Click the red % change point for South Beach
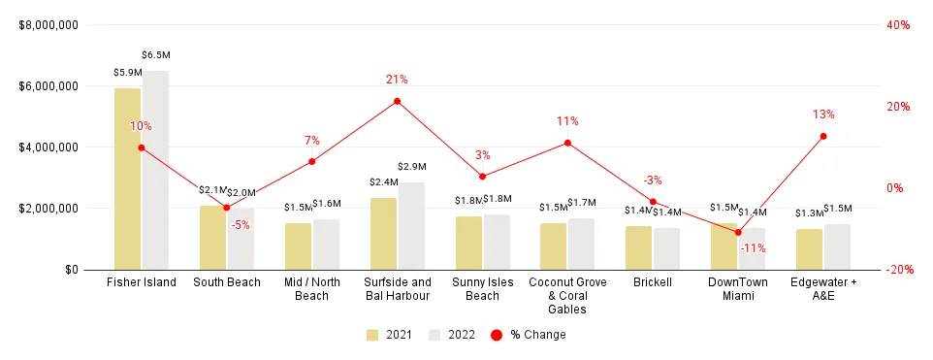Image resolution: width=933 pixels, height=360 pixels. (x=227, y=208)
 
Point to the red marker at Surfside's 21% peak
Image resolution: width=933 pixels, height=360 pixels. (x=398, y=101)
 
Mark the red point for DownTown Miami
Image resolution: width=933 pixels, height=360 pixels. (x=738, y=232)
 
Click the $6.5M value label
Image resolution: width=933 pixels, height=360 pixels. (x=155, y=55)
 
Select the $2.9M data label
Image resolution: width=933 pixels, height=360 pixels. (x=412, y=167)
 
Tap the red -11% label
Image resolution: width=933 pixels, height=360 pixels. (x=753, y=248)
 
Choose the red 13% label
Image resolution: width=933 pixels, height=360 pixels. (x=823, y=115)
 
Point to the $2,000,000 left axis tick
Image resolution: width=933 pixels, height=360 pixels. (x=48, y=209)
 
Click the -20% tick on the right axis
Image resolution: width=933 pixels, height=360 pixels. (x=899, y=270)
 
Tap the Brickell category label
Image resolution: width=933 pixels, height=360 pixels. (x=653, y=282)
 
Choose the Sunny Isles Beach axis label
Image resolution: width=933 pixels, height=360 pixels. (x=482, y=288)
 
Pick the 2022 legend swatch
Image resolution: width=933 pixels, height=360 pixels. (x=434, y=335)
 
